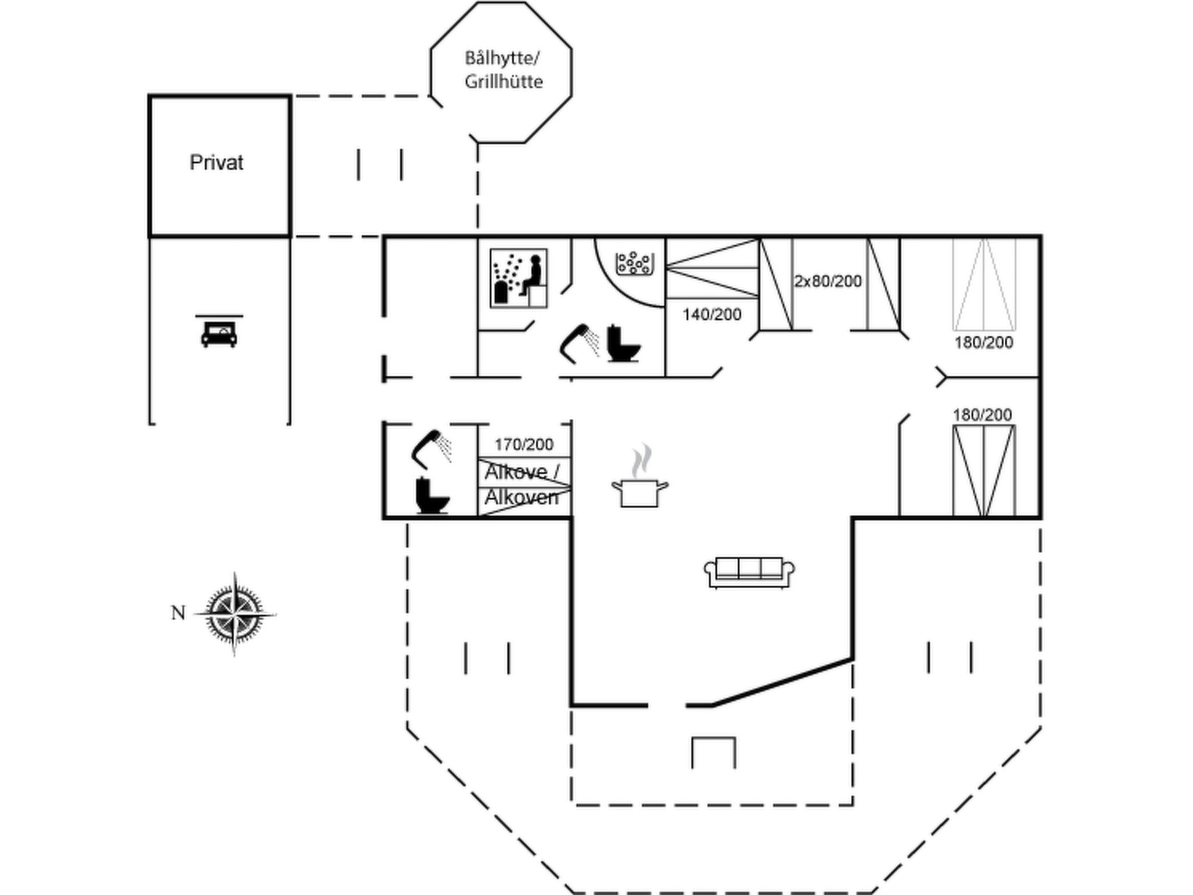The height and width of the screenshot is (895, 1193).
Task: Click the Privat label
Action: click(x=216, y=163)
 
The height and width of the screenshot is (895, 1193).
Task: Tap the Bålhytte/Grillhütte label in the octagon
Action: click(x=503, y=70)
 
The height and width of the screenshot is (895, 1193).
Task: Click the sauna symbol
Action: click(x=518, y=278)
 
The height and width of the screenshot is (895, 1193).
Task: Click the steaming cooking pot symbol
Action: click(x=640, y=476)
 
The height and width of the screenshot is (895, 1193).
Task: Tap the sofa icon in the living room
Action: click(x=749, y=572)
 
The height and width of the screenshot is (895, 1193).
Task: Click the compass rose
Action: click(x=235, y=614)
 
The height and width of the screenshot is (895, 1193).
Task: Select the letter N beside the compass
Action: click(x=178, y=613)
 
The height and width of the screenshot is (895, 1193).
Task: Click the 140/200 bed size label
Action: click(x=712, y=315)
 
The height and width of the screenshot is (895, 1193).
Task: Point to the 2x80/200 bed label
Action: click(x=828, y=281)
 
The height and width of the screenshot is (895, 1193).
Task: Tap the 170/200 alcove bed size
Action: click(x=524, y=445)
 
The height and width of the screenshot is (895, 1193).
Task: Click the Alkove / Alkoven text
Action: click(x=522, y=484)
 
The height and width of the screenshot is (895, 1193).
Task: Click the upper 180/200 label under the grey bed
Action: click(x=984, y=343)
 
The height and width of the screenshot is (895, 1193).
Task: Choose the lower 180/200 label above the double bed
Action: click(x=982, y=415)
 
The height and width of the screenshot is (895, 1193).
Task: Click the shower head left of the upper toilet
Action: click(x=580, y=343)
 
